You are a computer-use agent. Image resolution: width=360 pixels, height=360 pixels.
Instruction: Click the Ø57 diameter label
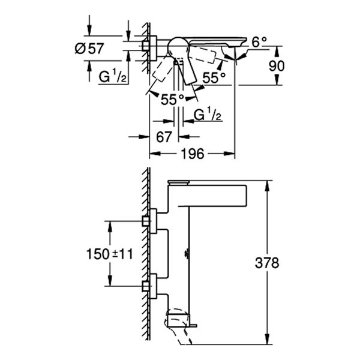(x=89, y=49)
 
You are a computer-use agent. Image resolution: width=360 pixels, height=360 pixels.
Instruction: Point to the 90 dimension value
(x=277, y=65)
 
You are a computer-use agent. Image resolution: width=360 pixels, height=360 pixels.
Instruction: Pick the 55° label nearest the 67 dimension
(x=172, y=100)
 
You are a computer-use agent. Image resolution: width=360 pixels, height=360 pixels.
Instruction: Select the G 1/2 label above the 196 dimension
(x=207, y=114)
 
